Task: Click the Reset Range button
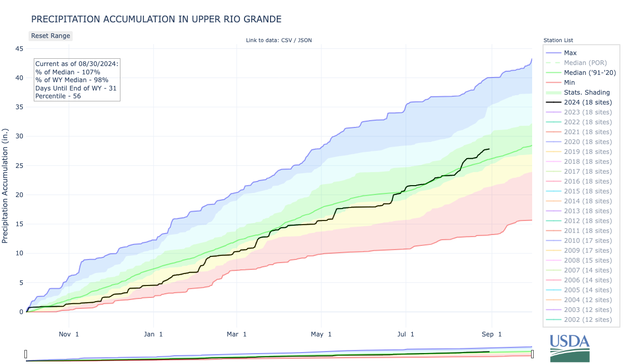point(50,36)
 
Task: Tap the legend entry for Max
point(570,53)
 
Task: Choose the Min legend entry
point(570,83)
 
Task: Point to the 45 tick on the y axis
point(19,49)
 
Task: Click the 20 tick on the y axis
point(19,195)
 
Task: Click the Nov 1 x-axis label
point(69,334)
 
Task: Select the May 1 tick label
point(322,334)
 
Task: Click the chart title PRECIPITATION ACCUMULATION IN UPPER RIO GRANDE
point(156,19)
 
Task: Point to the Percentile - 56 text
point(59,96)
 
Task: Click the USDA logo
point(570,347)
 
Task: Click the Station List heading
point(558,40)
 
